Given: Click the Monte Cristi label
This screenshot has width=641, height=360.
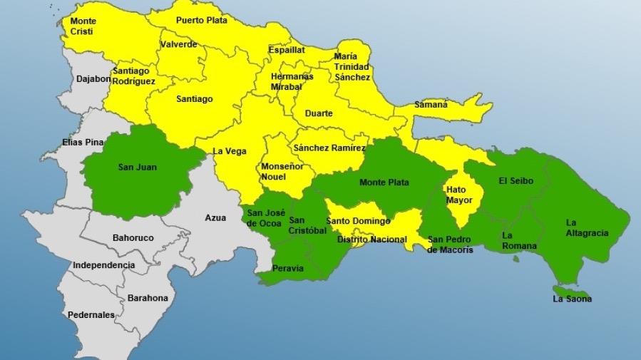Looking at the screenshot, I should [83, 26].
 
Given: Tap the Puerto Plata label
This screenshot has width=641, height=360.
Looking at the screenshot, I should [202, 21].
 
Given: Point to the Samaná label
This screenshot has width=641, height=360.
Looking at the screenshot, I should [431, 105].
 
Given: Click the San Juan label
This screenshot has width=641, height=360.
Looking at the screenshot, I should [138, 168].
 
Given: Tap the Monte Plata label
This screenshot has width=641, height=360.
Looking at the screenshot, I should [384, 182].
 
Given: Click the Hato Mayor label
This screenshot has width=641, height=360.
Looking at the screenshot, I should [459, 195].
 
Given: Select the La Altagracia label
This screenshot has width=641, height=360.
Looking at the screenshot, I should [587, 227].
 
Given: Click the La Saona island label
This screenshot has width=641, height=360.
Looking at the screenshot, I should [572, 299].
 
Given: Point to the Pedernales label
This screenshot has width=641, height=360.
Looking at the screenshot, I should [91, 314].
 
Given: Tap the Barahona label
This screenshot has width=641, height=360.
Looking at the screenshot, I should [148, 298].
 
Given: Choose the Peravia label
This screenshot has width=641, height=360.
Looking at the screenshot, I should [288, 269].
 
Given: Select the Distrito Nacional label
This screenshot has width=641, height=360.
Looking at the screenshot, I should [371, 240].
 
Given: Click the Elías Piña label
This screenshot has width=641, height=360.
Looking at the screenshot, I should [83, 142].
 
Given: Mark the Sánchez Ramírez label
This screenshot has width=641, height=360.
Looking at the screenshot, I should [329, 148].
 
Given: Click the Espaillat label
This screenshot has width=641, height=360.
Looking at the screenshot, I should [287, 50].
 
